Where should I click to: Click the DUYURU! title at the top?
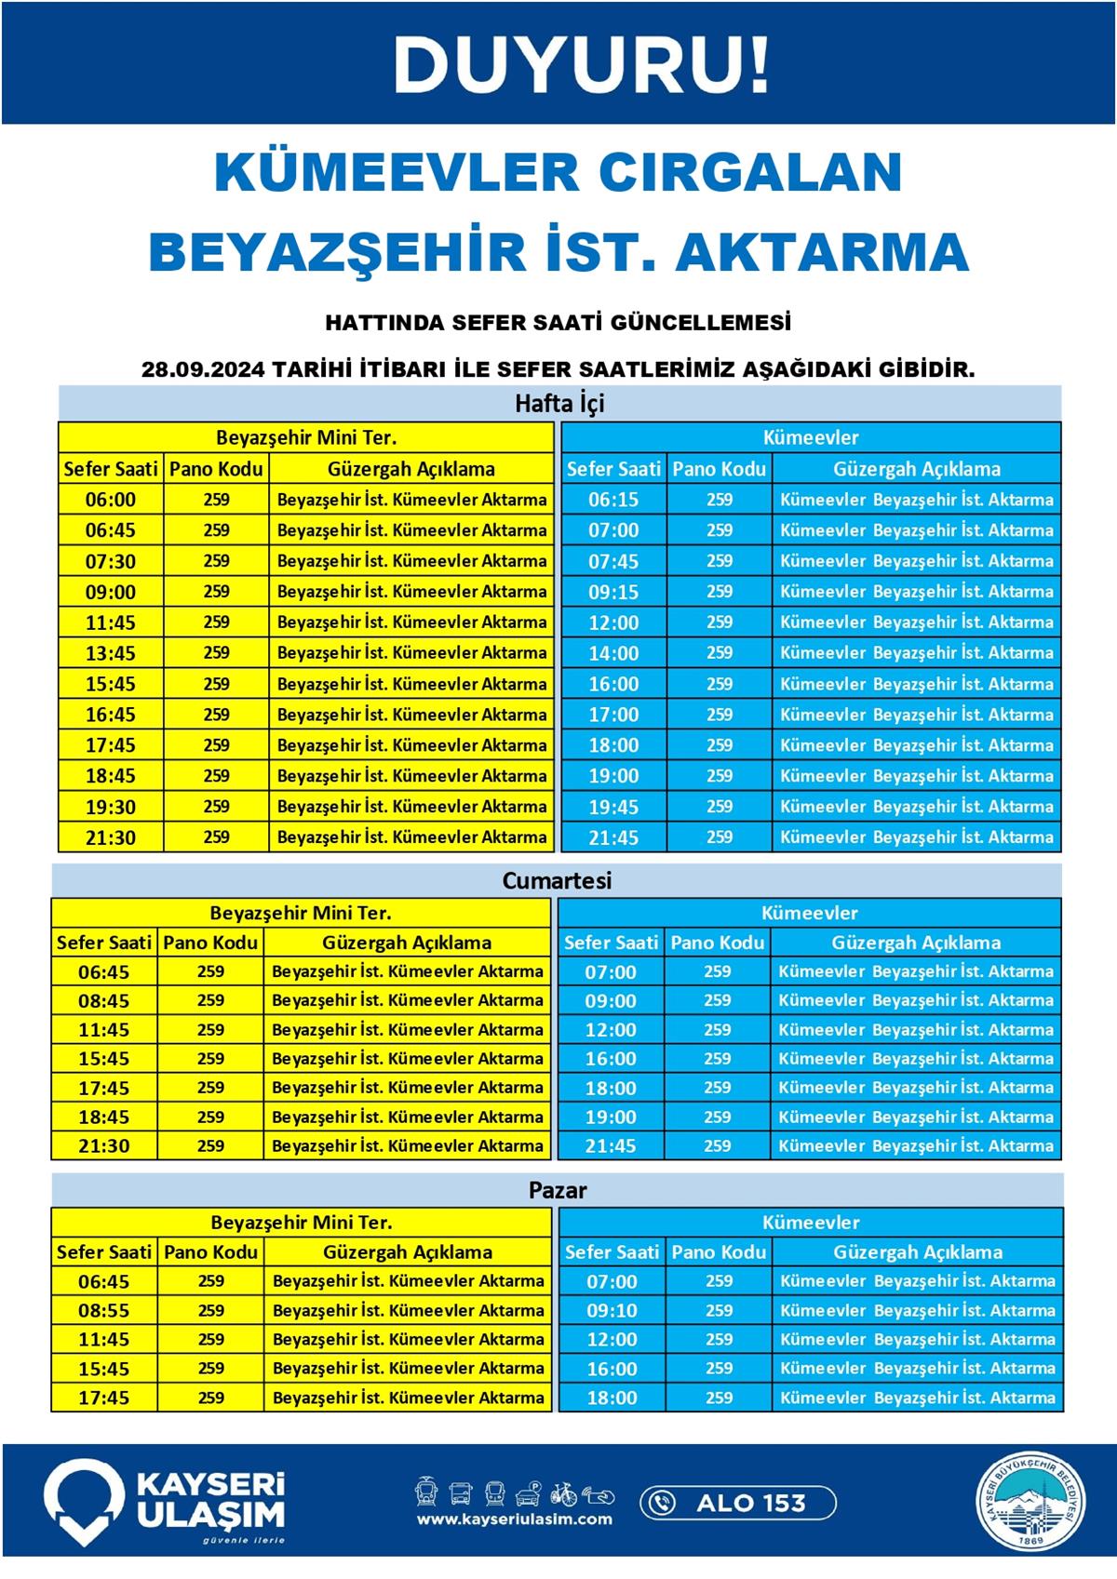tap(582, 65)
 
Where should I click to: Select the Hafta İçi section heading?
tap(559, 404)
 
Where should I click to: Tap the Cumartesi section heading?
tap(557, 880)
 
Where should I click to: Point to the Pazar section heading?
tap(558, 1190)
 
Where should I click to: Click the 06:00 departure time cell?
tap(111, 500)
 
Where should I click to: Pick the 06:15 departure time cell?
tap(613, 500)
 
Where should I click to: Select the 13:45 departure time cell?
tap(111, 653)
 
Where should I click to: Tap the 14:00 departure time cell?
tap(613, 653)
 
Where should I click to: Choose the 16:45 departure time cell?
tap(111, 715)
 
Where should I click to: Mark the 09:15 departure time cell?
tap(613, 592)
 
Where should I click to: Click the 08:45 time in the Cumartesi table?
tap(104, 1001)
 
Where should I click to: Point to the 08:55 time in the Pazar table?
tap(104, 1310)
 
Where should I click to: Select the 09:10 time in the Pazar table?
tap(612, 1310)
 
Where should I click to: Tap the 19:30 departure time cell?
tap(111, 807)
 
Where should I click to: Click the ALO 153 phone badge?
tap(737, 1503)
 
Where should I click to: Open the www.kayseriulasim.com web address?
tap(515, 1519)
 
